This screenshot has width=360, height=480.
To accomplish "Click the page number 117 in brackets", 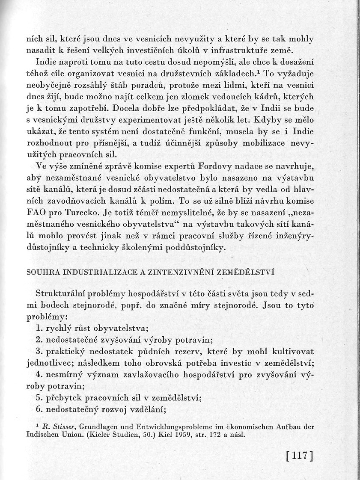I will click(x=299, y=455).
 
